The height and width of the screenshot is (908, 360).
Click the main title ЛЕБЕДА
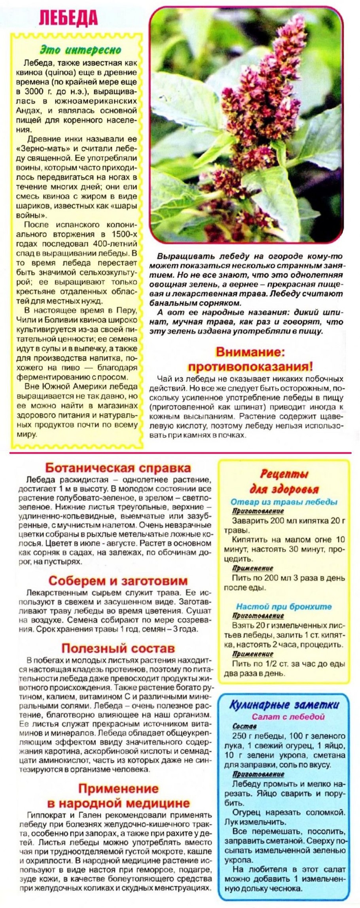[x=69, y=17]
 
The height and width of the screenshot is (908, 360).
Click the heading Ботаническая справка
[x=118, y=467]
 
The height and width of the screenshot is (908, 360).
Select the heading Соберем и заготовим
[x=118, y=581]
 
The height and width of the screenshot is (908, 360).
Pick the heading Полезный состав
[x=118, y=648]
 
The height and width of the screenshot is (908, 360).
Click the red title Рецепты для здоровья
[x=284, y=481]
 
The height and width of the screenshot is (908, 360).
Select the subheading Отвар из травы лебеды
[x=284, y=502]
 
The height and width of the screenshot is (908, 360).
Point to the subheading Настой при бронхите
[x=284, y=606]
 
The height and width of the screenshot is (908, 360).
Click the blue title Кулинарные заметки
[x=284, y=705]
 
